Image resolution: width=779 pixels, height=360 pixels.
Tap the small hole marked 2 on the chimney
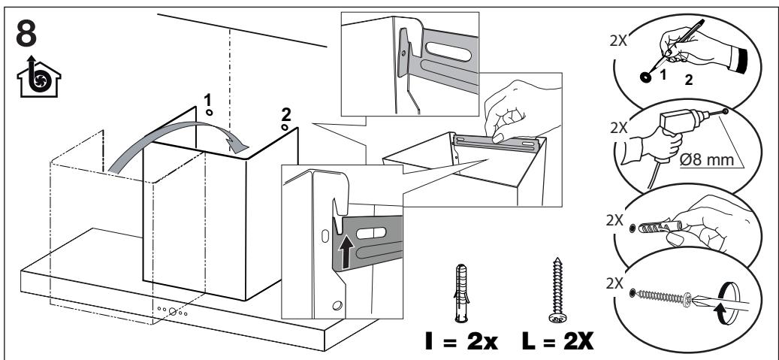pos(285,127)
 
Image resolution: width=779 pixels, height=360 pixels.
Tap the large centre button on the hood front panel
pos(174,311)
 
